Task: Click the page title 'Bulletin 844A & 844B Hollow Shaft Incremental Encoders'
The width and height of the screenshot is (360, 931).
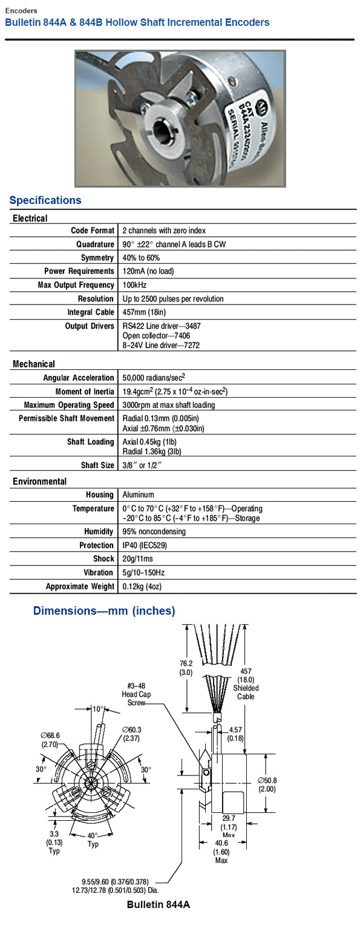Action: tap(137, 22)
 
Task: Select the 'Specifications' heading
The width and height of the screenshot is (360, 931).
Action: tap(45, 200)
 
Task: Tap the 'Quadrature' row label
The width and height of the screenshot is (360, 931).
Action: tap(95, 244)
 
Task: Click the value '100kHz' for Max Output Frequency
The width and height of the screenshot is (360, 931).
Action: tap(134, 285)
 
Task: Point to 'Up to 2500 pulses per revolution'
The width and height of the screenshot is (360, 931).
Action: tap(173, 298)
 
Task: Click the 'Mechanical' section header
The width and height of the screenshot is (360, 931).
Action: tap(34, 364)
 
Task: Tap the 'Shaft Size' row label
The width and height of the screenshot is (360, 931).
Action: tap(97, 465)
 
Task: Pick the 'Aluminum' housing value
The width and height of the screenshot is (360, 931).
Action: tap(138, 495)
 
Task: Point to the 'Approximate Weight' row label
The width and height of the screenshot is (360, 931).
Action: tap(80, 586)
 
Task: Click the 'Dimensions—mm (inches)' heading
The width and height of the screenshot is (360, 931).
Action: tap(104, 611)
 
